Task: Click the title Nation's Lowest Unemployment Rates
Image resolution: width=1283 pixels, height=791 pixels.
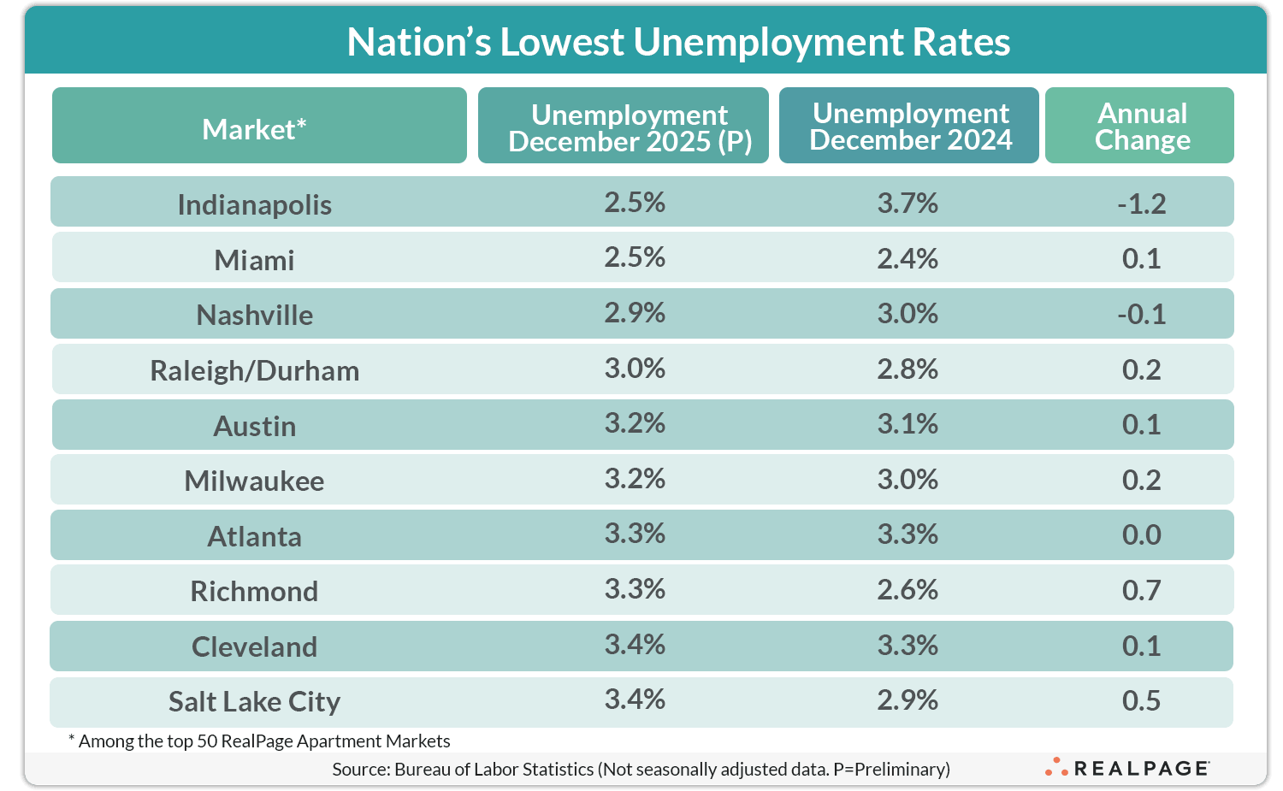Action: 678,42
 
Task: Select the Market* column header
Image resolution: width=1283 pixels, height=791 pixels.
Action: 254,129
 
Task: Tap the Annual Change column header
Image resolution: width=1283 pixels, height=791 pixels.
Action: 1142,127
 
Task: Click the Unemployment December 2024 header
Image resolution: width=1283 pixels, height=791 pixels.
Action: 910,127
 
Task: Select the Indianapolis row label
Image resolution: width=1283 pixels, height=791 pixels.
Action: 254,204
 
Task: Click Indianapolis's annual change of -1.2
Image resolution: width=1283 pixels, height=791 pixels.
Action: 1141,204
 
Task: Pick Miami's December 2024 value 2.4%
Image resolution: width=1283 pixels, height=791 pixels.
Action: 907,258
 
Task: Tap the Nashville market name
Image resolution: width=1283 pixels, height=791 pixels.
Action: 254,315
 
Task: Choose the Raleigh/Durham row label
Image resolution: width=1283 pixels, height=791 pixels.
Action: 254,370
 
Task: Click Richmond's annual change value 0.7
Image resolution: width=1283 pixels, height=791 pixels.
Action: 1141,590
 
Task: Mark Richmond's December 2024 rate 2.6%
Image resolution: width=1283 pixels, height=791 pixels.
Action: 907,590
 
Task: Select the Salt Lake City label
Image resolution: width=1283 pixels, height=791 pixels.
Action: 254,701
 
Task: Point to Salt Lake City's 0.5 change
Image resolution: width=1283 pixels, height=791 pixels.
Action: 1141,700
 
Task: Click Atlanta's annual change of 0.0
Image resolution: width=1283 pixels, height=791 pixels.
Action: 1141,534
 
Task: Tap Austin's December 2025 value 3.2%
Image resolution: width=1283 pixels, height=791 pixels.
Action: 635,423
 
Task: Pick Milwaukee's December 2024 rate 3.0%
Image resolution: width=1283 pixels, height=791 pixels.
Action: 907,479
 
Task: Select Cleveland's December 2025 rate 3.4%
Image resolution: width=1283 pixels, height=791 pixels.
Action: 635,644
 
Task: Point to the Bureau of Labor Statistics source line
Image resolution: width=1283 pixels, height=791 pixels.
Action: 641,769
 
